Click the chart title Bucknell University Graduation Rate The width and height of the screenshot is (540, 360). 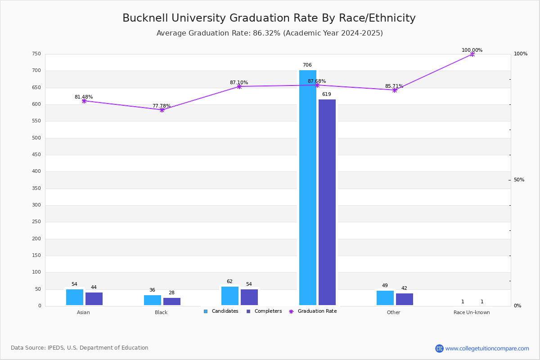click(269, 18)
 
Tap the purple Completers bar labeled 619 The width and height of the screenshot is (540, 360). click(327, 202)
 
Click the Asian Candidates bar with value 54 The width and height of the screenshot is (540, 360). click(75, 297)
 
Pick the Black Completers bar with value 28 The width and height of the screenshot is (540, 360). click(172, 301)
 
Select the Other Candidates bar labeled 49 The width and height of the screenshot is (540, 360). click(385, 298)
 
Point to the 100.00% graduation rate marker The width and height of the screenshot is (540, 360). click(472, 54)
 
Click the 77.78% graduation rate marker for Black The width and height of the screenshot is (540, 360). click(162, 110)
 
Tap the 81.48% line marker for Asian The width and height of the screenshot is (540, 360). click(84, 101)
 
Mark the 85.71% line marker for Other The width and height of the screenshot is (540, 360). click(395, 90)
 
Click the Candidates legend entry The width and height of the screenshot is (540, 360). click(221, 311)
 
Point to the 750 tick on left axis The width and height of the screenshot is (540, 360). click(36, 54)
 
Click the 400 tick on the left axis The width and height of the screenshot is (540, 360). click(36, 171)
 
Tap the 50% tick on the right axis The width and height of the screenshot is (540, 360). click(519, 180)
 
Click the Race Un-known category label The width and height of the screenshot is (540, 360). click(472, 312)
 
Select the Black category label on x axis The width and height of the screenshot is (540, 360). click(161, 312)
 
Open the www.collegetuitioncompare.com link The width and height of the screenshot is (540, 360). click(487, 348)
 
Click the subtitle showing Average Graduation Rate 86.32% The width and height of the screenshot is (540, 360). click(270, 33)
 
